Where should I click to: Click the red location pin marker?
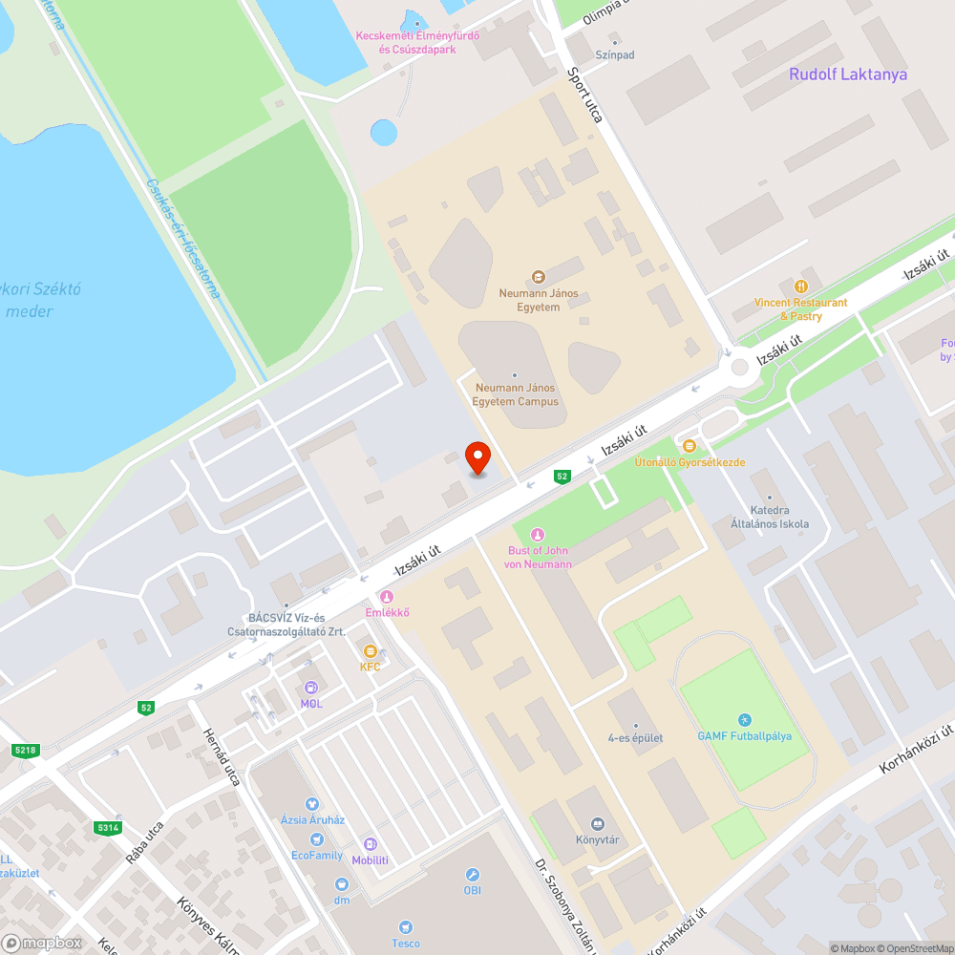pyautogui.click(x=477, y=456)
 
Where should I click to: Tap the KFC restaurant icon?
pyautogui.click(x=371, y=650)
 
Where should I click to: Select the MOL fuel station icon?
pyautogui.click(x=311, y=688)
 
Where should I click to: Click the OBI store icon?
pyautogui.click(x=472, y=875)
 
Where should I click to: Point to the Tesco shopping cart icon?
pyautogui.click(x=405, y=927)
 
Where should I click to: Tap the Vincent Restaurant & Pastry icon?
pyautogui.click(x=801, y=286)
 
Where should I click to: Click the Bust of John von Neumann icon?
pyautogui.click(x=538, y=535)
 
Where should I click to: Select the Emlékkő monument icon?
pyautogui.click(x=387, y=597)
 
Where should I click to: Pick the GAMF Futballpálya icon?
pyautogui.click(x=745, y=719)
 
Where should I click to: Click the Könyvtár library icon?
pyautogui.click(x=598, y=824)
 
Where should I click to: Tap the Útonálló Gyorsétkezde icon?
pyautogui.click(x=690, y=445)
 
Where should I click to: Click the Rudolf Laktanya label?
pyautogui.click(x=848, y=74)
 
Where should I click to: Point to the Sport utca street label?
pyautogui.click(x=584, y=95)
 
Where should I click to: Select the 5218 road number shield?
pyautogui.click(x=25, y=751)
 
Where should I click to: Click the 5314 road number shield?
pyautogui.click(x=107, y=827)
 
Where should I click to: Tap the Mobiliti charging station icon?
pyautogui.click(x=371, y=844)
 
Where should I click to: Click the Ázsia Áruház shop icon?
pyautogui.click(x=311, y=804)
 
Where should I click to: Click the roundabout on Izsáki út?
pyautogui.click(x=740, y=368)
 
